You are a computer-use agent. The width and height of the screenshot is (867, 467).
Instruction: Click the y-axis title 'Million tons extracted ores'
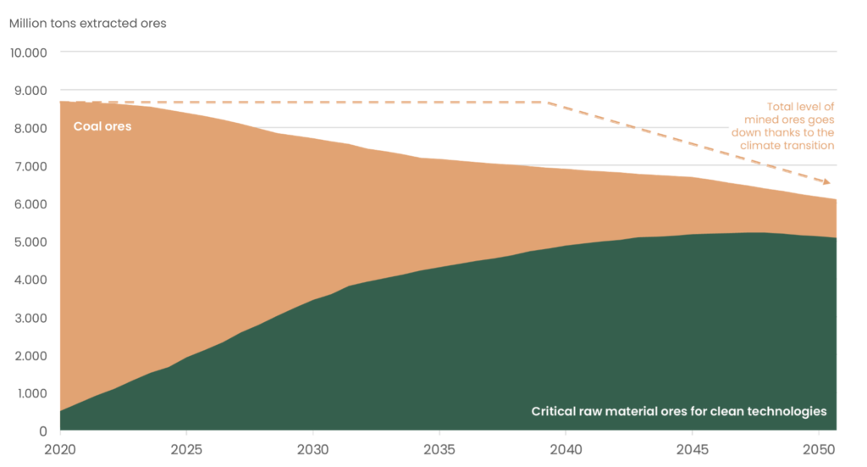point(88,24)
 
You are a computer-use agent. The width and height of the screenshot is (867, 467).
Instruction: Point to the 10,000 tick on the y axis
point(30,53)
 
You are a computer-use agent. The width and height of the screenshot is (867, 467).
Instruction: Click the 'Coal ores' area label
point(102,127)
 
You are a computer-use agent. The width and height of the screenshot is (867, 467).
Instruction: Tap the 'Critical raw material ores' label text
point(678,411)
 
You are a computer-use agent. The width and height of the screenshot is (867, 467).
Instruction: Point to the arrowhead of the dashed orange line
point(831,183)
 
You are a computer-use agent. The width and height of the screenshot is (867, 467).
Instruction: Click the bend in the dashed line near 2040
point(546,102)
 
